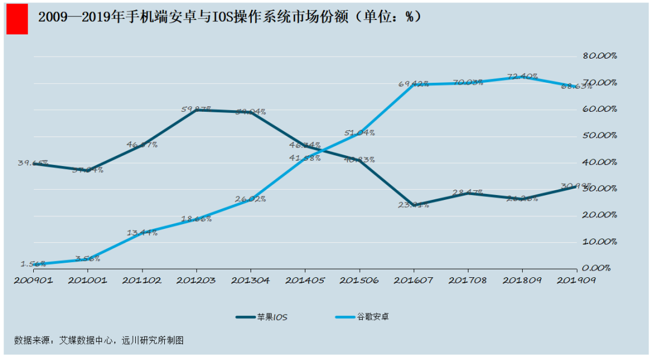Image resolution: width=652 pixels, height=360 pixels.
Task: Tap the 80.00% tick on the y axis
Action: coord(599,56)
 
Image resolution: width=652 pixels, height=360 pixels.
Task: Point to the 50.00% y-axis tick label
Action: coord(599,135)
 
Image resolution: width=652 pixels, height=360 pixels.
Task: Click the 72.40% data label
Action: coord(522,76)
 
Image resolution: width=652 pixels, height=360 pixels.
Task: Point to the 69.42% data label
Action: coord(414,84)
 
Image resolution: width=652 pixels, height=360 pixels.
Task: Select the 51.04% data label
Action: coord(359,132)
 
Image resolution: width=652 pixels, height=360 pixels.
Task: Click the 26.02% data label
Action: coord(250,198)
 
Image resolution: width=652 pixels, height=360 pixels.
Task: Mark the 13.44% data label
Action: coord(142,233)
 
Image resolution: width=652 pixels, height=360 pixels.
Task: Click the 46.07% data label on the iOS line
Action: coord(142,144)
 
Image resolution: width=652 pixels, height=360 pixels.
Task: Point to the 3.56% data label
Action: coord(88,259)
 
